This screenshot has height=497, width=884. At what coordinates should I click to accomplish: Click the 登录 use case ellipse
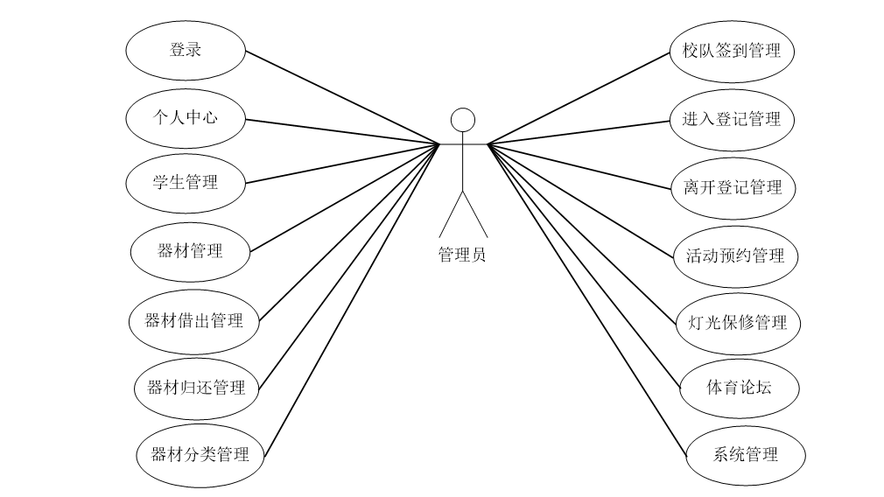point(186,50)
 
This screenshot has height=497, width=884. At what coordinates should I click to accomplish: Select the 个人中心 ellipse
point(185,116)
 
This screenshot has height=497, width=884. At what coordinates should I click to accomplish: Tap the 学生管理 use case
point(185,183)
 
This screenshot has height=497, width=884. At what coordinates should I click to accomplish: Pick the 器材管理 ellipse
point(190,251)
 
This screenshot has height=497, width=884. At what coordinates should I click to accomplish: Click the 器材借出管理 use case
point(193,320)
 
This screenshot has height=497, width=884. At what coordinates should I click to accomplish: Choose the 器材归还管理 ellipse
point(197,388)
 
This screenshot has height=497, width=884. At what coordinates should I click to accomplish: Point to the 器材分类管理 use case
point(200,455)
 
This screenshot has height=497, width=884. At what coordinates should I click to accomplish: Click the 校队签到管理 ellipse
point(731,51)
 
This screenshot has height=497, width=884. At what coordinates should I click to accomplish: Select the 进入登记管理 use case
point(731,119)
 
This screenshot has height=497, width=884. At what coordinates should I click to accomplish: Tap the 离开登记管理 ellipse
point(732,187)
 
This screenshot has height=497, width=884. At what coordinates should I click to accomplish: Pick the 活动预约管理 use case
point(735,256)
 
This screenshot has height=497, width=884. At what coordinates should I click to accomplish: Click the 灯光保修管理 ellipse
point(738,323)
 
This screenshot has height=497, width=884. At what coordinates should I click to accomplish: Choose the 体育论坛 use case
point(740,387)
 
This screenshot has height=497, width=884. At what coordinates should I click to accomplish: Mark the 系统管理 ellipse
point(745,455)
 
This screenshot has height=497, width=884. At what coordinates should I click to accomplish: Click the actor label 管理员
point(462,255)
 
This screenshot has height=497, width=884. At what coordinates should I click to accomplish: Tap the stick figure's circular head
point(462,119)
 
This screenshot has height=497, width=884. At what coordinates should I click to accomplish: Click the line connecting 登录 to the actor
point(341,96)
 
